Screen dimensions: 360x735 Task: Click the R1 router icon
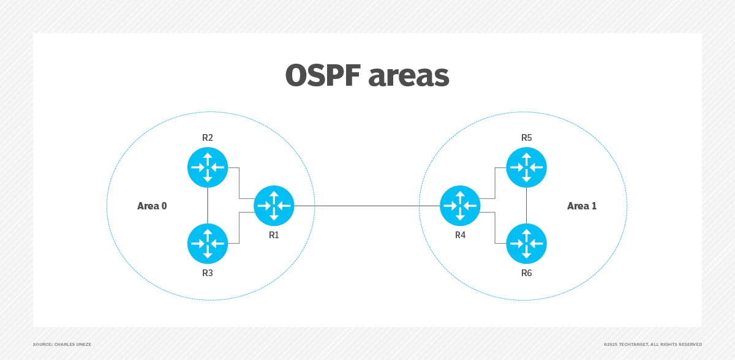pyautogui.click(x=274, y=206)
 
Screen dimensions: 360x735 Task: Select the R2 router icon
pyautogui.click(x=208, y=167)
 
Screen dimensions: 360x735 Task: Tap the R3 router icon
pyautogui.click(x=208, y=244)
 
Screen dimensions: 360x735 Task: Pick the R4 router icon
pyautogui.click(x=460, y=206)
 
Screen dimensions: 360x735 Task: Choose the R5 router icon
pyautogui.click(x=526, y=167)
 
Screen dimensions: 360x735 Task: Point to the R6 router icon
pyautogui.click(x=526, y=244)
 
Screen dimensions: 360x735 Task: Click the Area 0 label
pyautogui.click(x=152, y=206)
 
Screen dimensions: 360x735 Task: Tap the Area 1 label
pyautogui.click(x=581, y=206)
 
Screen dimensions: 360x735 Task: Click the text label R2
pyautogui.click(x=208, y=138)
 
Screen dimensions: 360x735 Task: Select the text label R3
pyautogui.click(x=208, y=273)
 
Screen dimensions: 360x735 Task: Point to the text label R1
pyautogui.click(x=274, y=234)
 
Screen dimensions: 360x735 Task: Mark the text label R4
pyautogui.click(x=460, y=234)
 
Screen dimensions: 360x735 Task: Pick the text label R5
pyautogui.click(x=526, y=138)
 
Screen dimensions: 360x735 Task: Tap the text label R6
pyautogui.click(x=526, y=273)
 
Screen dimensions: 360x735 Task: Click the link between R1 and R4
pyautogui.click(x=367, y=206)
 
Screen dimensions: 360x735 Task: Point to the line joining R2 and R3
pyautogui.click(x=208, y=205)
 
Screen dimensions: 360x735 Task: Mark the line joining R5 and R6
pyautogui.click(x=526, y=205)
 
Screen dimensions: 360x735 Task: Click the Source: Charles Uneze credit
pyautogui.click(x=62, y=345)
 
